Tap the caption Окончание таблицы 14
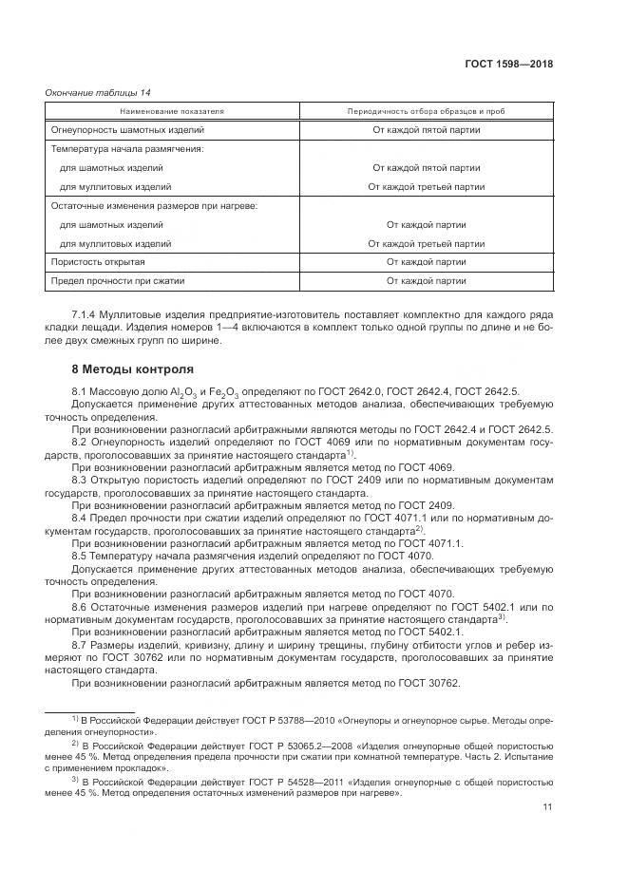pos(98,92)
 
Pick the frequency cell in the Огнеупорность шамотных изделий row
pos(426,129)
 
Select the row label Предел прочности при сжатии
pos(116,280)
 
